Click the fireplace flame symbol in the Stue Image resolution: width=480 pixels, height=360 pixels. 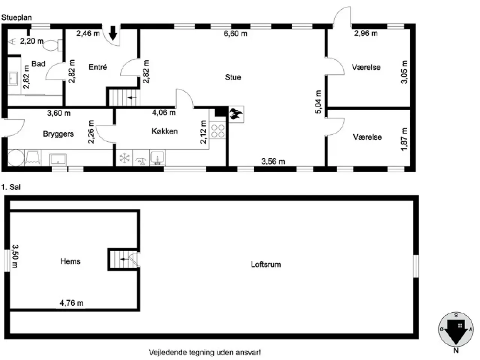236,114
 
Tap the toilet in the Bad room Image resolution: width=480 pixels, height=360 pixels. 52,45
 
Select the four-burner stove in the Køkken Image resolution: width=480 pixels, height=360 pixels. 217,131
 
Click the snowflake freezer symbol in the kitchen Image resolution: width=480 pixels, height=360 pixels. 124,158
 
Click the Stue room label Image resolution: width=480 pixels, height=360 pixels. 233,77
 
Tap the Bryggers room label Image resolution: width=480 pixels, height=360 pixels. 58,134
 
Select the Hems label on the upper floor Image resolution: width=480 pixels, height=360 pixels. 70,261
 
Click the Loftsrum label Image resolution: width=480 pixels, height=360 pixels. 266,264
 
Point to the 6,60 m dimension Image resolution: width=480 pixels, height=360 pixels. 235,33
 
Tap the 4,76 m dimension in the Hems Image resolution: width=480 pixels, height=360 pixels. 72,303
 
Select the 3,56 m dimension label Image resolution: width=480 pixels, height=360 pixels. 273,161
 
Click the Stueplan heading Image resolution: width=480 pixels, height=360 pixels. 16,18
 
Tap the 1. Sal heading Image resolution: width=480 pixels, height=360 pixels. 11,187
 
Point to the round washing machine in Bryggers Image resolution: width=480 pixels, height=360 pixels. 16,158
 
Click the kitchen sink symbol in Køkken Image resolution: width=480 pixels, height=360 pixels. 157,157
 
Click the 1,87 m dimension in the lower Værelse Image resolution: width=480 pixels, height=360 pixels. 404,139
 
